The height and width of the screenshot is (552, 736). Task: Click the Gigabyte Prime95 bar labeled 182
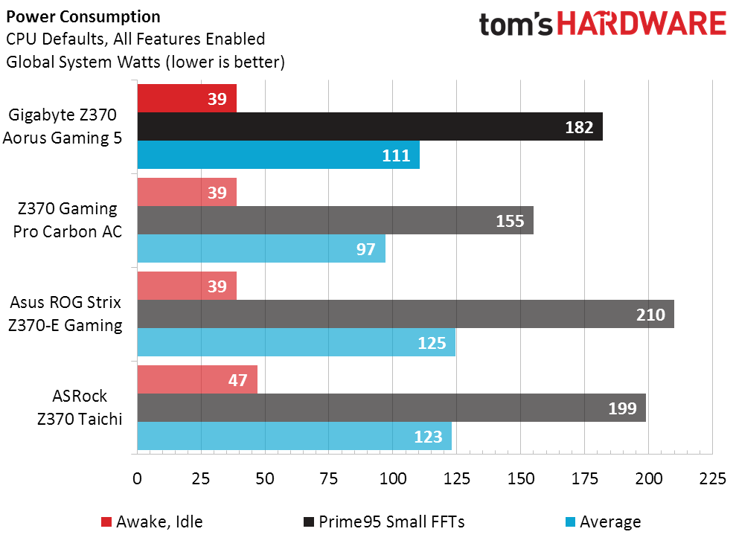(x=369, y=126)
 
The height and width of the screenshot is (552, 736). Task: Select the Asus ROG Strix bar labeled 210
(x=405, y=314)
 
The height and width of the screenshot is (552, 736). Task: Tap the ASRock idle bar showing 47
(x=196, y=379)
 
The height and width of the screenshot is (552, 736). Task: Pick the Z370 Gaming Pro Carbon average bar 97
(x=260, y=248)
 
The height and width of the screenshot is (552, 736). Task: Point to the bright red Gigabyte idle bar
(x=186, y=98)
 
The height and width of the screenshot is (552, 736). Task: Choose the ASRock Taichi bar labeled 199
(x=391, y=408)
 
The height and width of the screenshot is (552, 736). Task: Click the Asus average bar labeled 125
(x=295, y=342)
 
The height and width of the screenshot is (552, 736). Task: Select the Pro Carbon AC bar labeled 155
(x=335, y=220)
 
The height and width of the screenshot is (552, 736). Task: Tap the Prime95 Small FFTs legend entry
(x=383, y=521)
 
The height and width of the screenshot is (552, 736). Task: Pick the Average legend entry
(x=601, y=521)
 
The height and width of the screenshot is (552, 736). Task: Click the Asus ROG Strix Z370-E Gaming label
(x=65, y=314)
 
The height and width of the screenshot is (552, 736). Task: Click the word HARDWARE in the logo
(x=641, y=25)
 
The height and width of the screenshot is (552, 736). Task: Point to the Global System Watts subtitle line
(x=145, y=62)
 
